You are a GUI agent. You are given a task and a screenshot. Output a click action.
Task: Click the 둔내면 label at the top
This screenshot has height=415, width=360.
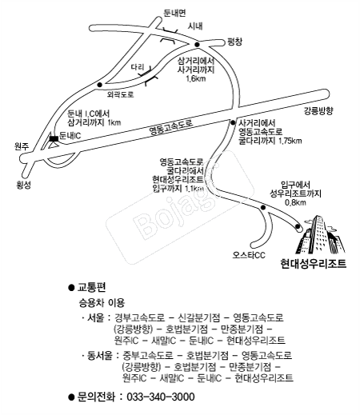point(174,13)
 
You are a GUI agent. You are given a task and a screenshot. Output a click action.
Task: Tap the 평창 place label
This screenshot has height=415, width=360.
point(234,42)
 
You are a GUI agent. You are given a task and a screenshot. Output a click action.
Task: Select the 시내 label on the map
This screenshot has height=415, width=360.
point(195,26)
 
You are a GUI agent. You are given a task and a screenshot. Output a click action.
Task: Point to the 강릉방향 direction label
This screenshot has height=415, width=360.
point(318,111)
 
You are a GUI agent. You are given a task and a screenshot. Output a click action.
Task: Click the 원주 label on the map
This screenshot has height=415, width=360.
point(22,146)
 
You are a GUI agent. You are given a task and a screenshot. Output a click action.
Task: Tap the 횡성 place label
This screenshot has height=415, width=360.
point(24,185)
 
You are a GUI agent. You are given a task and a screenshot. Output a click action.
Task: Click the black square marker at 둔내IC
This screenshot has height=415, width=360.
point(54,138)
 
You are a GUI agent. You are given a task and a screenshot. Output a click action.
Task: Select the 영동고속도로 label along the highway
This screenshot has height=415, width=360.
point(171,127)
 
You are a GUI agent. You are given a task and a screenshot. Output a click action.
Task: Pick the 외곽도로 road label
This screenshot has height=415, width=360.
point(120,94)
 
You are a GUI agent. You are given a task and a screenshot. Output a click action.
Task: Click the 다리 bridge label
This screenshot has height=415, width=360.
point(138,67)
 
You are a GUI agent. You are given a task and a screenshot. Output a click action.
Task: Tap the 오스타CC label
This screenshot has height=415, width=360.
point(249,255)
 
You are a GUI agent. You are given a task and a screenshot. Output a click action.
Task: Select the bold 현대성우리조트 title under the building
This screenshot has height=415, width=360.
point(314,263)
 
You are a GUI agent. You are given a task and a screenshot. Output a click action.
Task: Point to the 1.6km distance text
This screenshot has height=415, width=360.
point(196,78)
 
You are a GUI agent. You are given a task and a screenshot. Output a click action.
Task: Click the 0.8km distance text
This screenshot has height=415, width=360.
point(296,202)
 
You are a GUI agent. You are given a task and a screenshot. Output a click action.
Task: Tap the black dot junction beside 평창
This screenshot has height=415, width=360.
point(197,45)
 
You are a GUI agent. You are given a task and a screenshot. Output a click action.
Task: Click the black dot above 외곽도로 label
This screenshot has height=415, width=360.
point(100,85)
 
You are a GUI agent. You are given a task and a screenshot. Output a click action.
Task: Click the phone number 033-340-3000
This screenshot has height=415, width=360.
point(161,397)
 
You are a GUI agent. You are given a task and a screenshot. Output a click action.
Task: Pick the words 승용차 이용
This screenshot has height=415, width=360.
point(102,302)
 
